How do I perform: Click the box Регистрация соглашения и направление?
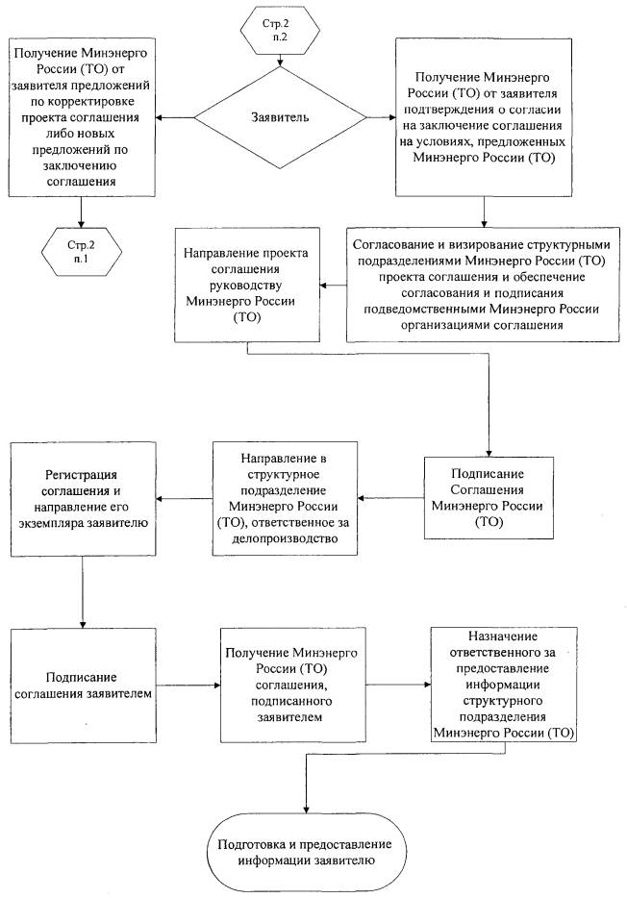point(83,498)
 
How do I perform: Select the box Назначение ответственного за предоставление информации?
point(506,683)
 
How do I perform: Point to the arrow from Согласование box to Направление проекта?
point(333,285)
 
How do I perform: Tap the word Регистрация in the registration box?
point(83,476)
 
